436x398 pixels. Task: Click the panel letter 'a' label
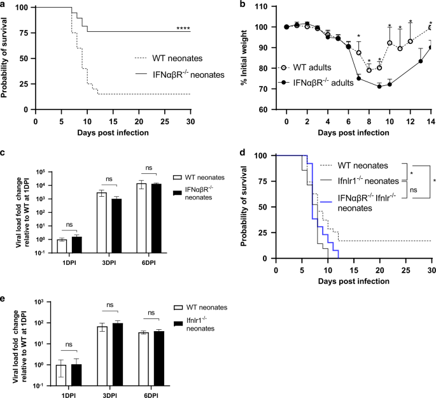[x=4, y=4]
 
